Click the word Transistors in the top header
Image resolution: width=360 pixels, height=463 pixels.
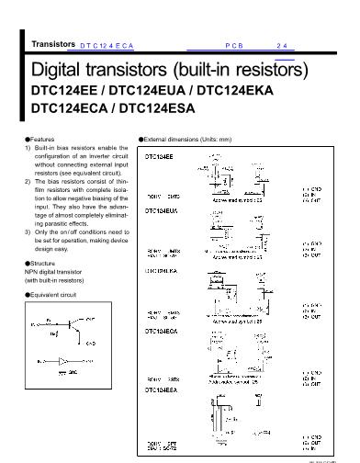click(x=52, y=43)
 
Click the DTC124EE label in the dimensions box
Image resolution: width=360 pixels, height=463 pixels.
click(x=160, y=157)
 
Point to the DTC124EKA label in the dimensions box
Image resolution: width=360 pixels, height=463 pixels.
click(x=163, y=272)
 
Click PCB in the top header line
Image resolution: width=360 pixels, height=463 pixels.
click(x=232, y=44)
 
